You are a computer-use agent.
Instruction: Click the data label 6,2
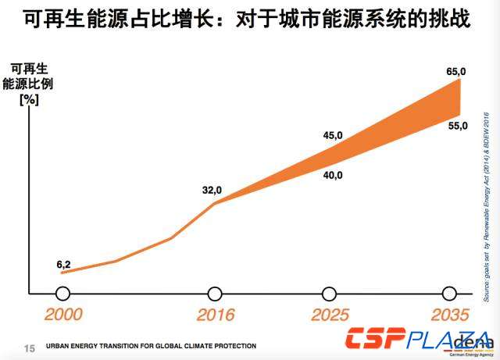[x=63, y=265]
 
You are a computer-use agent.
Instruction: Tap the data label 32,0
[x=212, y=190]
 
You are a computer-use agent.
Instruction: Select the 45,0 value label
[x=334, y=135]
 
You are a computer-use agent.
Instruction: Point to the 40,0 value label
[x=333, y=175]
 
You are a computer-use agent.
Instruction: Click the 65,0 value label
[x=456, y=72]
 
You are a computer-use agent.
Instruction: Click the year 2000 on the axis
[x=63, y=315]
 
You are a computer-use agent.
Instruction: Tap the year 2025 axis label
[x=330, y=315]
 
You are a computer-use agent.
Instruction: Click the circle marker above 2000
[x=63, y=294]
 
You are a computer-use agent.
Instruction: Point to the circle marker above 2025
[x=330, y=294]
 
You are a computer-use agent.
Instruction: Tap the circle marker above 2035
[x=449, y=294]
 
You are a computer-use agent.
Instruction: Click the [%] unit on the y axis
[x=28, y=99]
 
